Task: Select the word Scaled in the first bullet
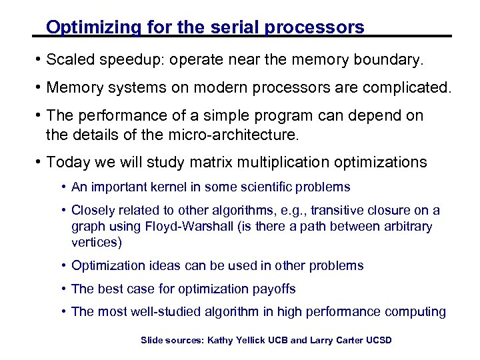(70, 61)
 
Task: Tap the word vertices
(96, 243)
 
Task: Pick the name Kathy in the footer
(223, 341)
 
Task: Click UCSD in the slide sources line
(377, 341)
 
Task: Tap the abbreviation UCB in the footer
(277, 341)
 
